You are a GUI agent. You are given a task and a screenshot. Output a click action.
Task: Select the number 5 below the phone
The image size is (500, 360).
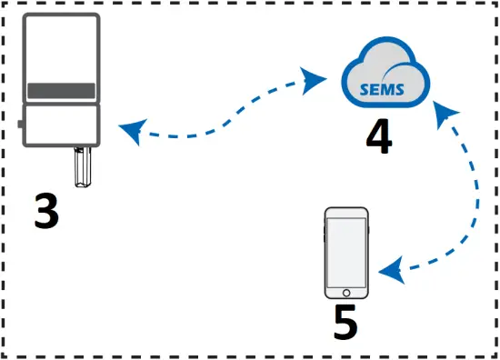(345, 323)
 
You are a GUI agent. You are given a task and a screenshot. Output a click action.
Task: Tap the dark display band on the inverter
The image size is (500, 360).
(60, 91)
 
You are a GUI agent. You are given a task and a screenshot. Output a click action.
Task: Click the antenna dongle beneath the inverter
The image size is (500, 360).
(85, 168)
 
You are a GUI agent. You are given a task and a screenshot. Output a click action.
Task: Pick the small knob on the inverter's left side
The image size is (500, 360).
(21, 122)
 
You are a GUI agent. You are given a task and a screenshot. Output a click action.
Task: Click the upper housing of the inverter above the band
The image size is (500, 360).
(60, 50)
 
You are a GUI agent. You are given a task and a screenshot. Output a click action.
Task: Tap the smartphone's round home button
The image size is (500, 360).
(347, 293)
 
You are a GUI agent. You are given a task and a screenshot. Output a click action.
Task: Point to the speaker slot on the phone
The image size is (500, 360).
(347, 214)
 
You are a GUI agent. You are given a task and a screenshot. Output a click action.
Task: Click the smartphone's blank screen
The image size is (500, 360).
(347, 252)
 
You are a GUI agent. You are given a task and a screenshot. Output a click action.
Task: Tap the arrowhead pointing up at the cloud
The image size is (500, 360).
(443, 112)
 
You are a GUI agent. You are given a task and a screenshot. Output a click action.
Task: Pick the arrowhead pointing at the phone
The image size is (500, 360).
(391, 270)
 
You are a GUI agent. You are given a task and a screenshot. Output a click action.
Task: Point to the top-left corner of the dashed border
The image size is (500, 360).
(5, 5)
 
